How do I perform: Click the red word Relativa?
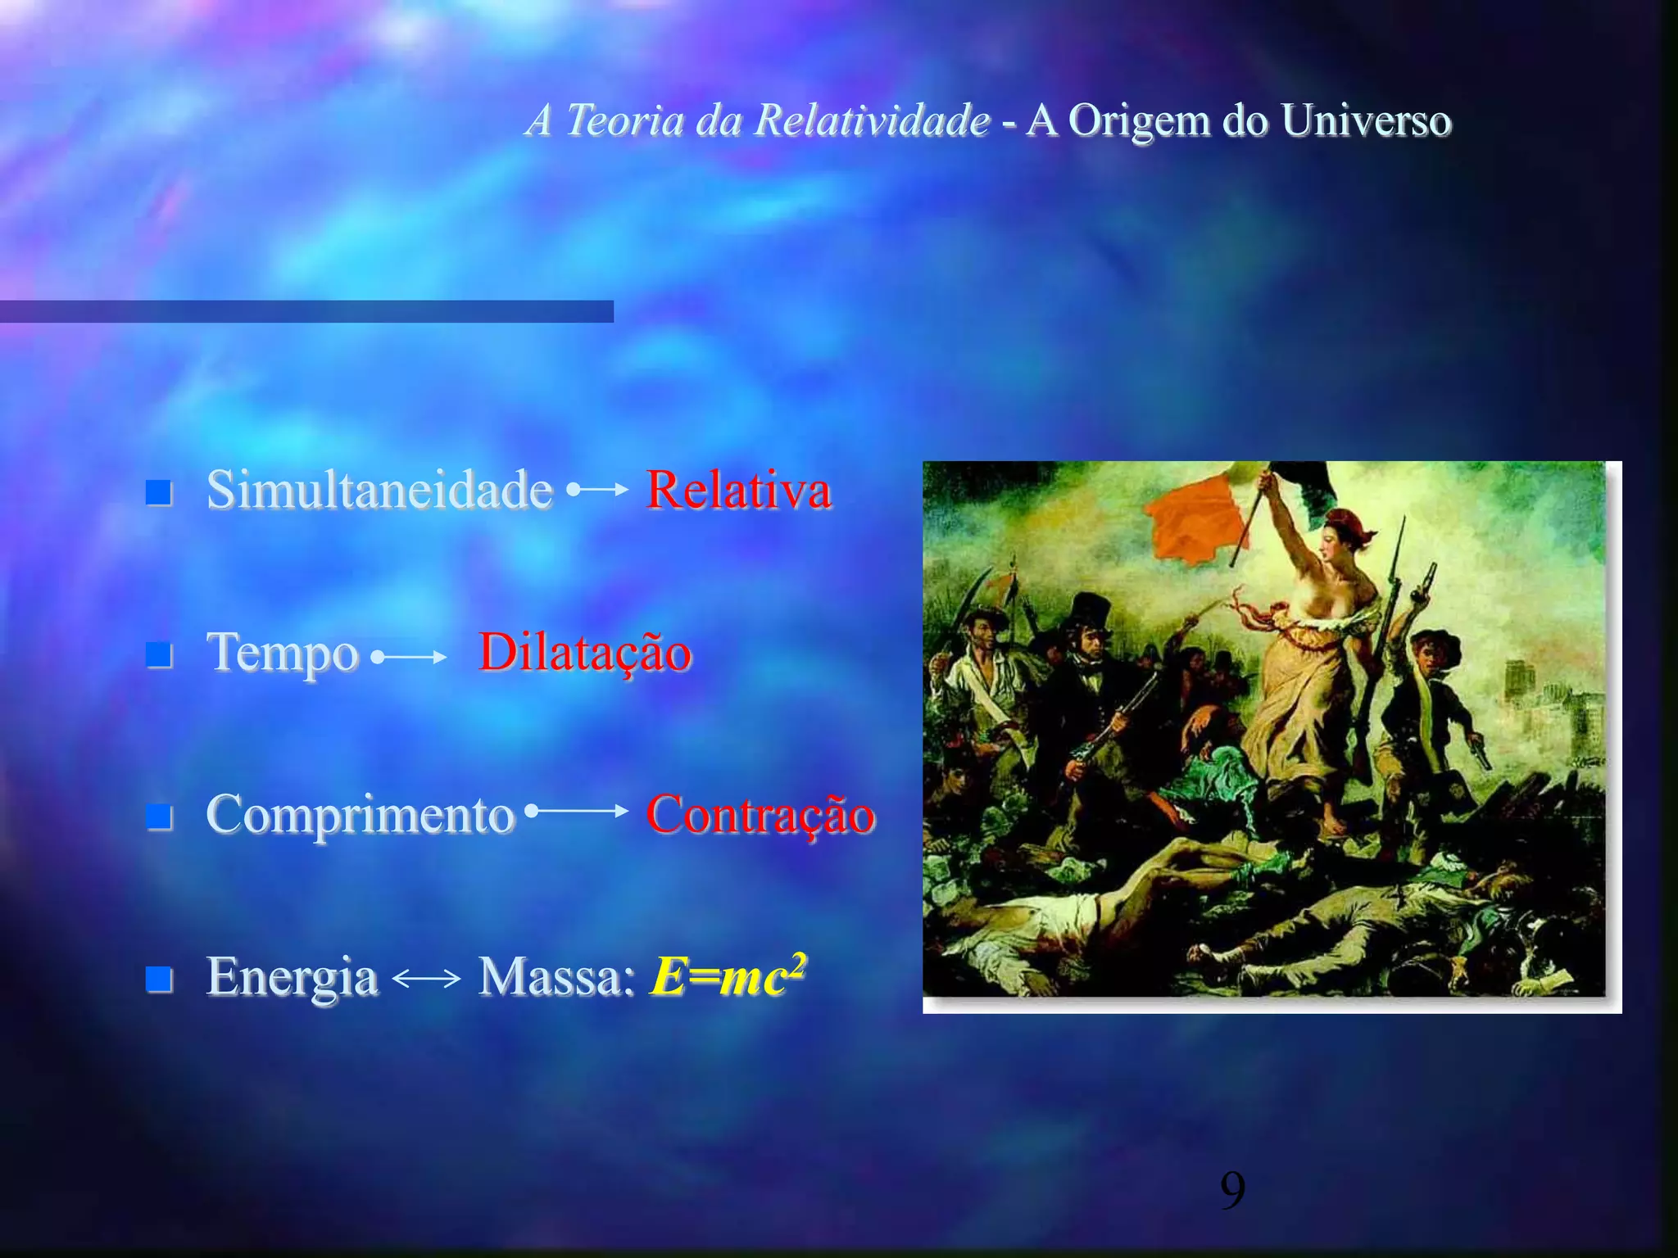[738, 491]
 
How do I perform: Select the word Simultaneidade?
[379, 491]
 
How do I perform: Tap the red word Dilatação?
[585, 653]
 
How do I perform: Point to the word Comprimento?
[361, 815]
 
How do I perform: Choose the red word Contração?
[760, 815]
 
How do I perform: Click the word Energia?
[292, 976]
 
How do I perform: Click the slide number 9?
[1232, 1191]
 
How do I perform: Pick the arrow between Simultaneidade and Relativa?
[598, 490]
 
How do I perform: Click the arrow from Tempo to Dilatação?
[408, 657]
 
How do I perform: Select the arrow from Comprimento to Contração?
[577, 811]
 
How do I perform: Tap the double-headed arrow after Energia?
[427, 978]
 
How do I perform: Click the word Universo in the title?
[1366, 120]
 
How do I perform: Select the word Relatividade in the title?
[872, 120]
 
